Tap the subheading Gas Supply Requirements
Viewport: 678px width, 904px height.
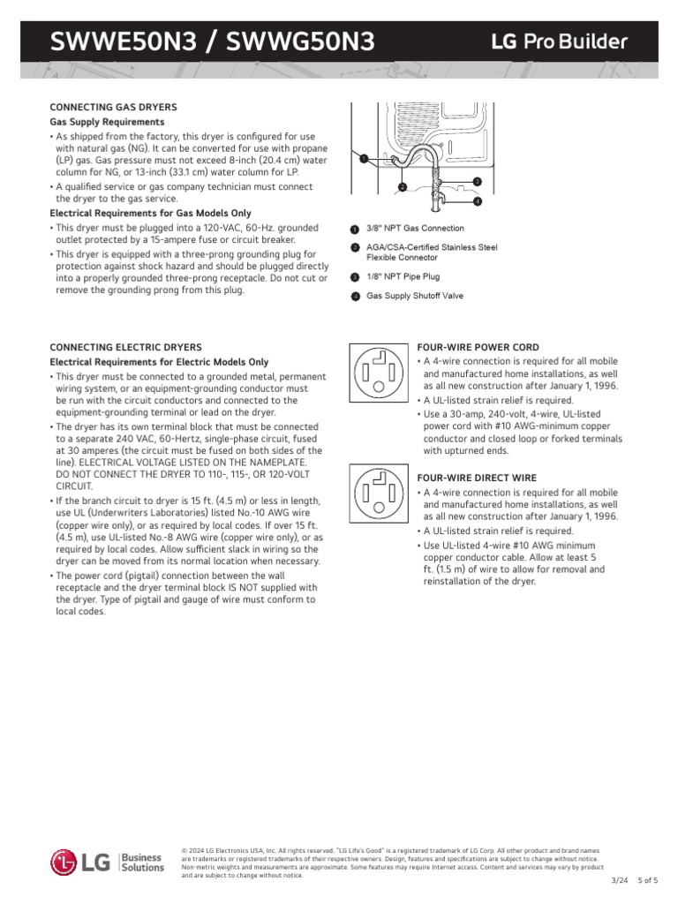click(107, 121)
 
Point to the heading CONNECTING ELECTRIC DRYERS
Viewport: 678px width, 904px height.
click(126, 348)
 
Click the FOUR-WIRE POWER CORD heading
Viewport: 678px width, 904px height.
click(478, 348)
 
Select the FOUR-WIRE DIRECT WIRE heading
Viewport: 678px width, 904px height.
click(477, 478)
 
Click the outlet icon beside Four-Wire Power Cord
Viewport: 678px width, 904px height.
click(379, 372)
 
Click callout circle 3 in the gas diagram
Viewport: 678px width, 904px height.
click(477, 181)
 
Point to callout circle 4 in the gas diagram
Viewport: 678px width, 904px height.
click(477, 201)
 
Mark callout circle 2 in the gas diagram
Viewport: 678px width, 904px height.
click(402, 187)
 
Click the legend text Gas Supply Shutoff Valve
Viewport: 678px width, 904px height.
click(415, 297)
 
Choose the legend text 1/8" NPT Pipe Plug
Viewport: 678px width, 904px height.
click(403, 276)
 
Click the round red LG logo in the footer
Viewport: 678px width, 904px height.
click(64, 863)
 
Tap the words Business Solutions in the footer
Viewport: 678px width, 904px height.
click(141, 863)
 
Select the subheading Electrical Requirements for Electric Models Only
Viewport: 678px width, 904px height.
click(159, 362)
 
